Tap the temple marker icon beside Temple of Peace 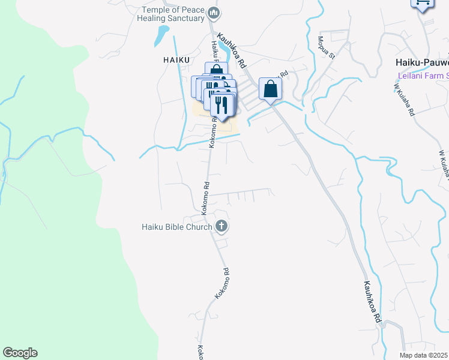[x=214, y=11]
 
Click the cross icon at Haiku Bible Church [x=221, y=226]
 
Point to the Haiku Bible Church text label [x=176, y=227]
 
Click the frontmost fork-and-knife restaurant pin [x=222, y=106]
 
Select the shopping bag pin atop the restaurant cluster [x=216, y=71]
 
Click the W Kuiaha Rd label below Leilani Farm [x=404, y=100]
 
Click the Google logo [x=20, y=353]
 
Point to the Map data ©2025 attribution [x=424, y=355]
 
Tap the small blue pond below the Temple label [x=161, y=36]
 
